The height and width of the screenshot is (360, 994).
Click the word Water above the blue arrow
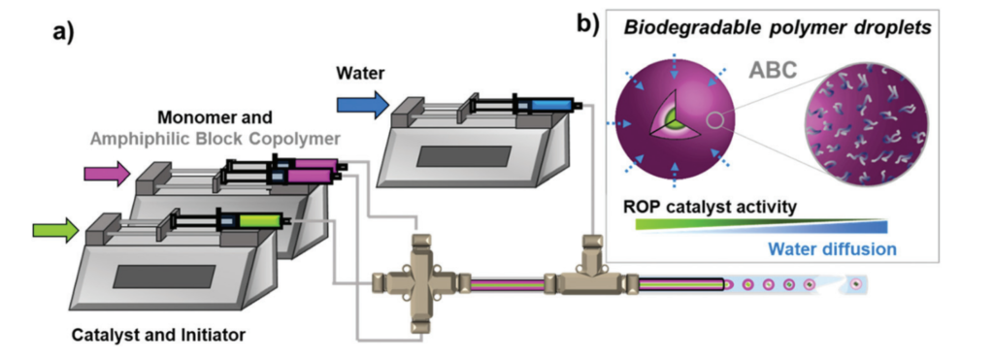360,73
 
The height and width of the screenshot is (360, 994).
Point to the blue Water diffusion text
832,249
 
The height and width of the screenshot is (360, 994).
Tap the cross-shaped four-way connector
416,283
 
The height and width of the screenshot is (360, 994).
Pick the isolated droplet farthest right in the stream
855,285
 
